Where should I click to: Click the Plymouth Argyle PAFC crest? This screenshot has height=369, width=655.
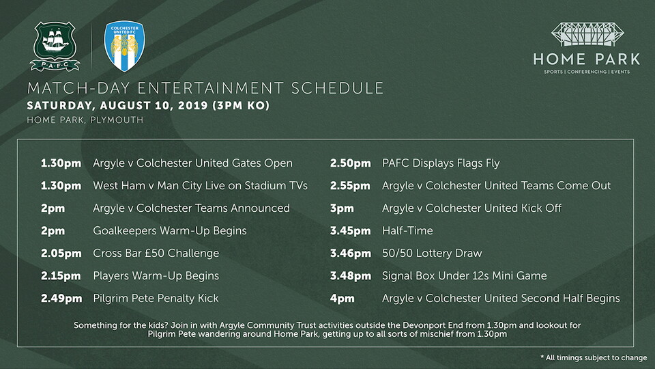[x=55, y=46]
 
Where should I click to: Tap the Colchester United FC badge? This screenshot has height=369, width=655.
[x=124, y=46]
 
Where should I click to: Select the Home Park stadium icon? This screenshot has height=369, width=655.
[x=587, y=34]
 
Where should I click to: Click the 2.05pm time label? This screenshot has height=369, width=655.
[x=61, y=254]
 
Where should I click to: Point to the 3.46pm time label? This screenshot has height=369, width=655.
[x=351, y=254]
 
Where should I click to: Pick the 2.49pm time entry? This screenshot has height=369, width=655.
[x=61, y=299]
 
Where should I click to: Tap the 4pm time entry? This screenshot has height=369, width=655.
[x=342, y=299]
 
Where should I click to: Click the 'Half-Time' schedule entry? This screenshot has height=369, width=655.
[x=407, y=230]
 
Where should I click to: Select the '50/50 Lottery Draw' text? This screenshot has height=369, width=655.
[x=432, y=254]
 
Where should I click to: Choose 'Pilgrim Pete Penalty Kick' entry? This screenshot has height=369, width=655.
[x=156, y=299]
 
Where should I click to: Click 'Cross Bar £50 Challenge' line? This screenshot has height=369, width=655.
[x=156, y=254]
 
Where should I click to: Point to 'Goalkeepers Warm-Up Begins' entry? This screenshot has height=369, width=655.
[x=170, y=231]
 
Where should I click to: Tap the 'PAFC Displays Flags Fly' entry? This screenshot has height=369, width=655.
[x=441, y=163]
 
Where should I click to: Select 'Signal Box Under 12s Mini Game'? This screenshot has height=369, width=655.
[x=464, y=276]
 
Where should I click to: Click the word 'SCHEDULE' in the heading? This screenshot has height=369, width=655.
[x=338, y=88]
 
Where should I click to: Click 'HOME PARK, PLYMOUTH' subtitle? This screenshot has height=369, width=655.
[x=85, y=120]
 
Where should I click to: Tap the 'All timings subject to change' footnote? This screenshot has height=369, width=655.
[x=594, y=357]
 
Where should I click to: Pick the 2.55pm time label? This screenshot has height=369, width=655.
[x=350, y=186]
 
